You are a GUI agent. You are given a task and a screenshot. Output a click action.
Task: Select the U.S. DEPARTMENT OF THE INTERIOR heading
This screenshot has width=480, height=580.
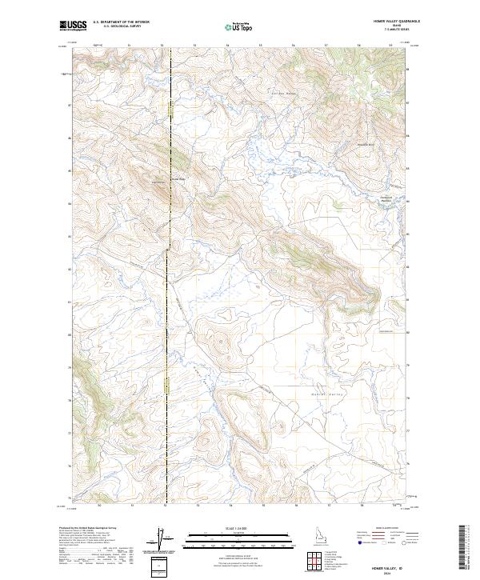(x=121, y=22)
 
